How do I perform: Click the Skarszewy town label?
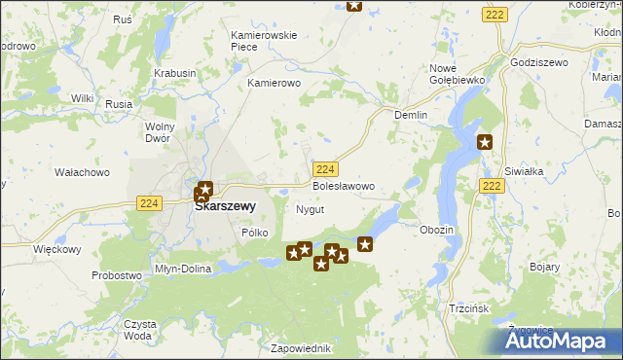click(225, 206)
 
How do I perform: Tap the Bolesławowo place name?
click(343, 185)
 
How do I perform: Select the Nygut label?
click(309, 209)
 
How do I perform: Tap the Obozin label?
click(436, 229)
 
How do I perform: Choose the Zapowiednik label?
click(302, 348)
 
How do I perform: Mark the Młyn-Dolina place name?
click(183, 270)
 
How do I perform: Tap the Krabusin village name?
click(175, 73)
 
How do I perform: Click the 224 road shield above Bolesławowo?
click(326, 167)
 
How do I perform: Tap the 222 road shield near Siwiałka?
click(492, 185)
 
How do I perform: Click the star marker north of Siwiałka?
click(485, 143)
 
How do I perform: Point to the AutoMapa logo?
click(562, 340)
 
